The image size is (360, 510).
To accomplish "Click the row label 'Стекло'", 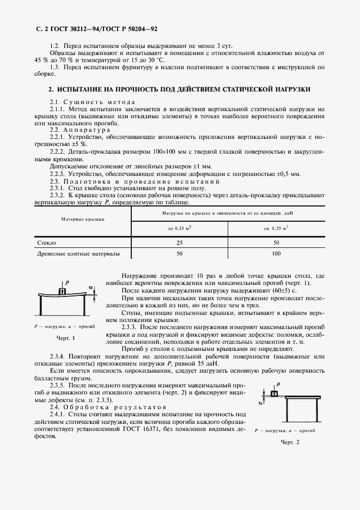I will coord(46,242).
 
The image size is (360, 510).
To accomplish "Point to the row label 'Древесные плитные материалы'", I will coord(77,254).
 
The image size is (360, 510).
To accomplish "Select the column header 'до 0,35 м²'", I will coord(180,227).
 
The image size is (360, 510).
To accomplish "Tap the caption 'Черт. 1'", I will coord(65,338).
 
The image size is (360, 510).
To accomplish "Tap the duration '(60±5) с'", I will coord(279,292).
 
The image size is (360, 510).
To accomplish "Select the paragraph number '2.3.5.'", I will coord(58,385).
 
